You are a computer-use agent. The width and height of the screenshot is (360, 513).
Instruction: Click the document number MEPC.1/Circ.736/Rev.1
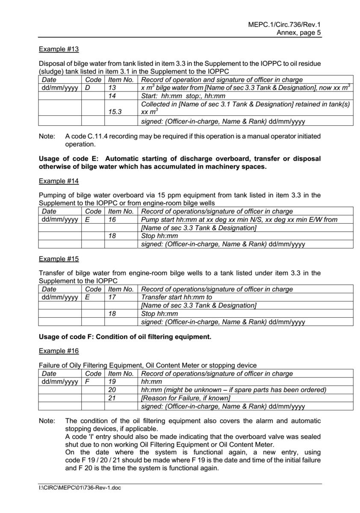284,25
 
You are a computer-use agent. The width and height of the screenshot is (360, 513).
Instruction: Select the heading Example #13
59,49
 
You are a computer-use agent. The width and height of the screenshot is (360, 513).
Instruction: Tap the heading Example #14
59,181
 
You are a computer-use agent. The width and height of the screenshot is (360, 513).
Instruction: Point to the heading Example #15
59,259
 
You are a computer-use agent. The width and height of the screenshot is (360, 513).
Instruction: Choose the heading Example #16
59,351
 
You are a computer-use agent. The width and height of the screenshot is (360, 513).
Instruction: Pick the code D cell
87,87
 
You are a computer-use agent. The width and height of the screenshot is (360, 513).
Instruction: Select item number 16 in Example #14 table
112,219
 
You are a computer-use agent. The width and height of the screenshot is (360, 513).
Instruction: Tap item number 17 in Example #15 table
112,297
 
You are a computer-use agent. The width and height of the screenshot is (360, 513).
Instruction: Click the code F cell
87,382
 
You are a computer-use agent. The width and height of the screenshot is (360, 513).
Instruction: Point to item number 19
112,382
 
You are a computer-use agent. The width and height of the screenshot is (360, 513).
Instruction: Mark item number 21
112,398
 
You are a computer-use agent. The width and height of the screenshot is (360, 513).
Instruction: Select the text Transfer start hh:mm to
177,297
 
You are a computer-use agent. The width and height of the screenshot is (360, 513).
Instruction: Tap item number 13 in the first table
112,87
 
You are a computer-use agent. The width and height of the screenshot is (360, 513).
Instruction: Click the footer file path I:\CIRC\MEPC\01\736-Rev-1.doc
80,488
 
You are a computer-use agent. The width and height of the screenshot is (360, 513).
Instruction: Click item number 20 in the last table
112,390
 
